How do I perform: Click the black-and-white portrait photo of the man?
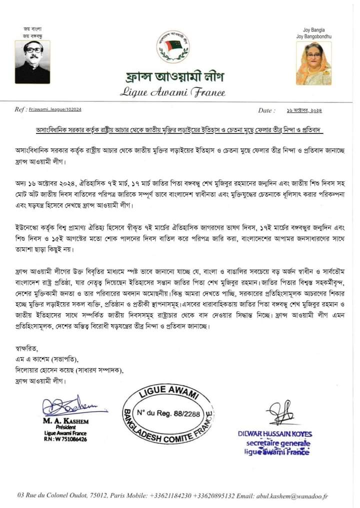(x=32, y=61)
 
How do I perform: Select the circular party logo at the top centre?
(x=173, y=44)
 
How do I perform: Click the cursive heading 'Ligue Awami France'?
(x=172, y=92)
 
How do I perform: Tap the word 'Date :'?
(x=266, y=110)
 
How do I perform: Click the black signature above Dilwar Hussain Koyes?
(x=280, y=413)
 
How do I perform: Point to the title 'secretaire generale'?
(x=278, y=444)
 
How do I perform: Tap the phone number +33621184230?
(x=170, y=496)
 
